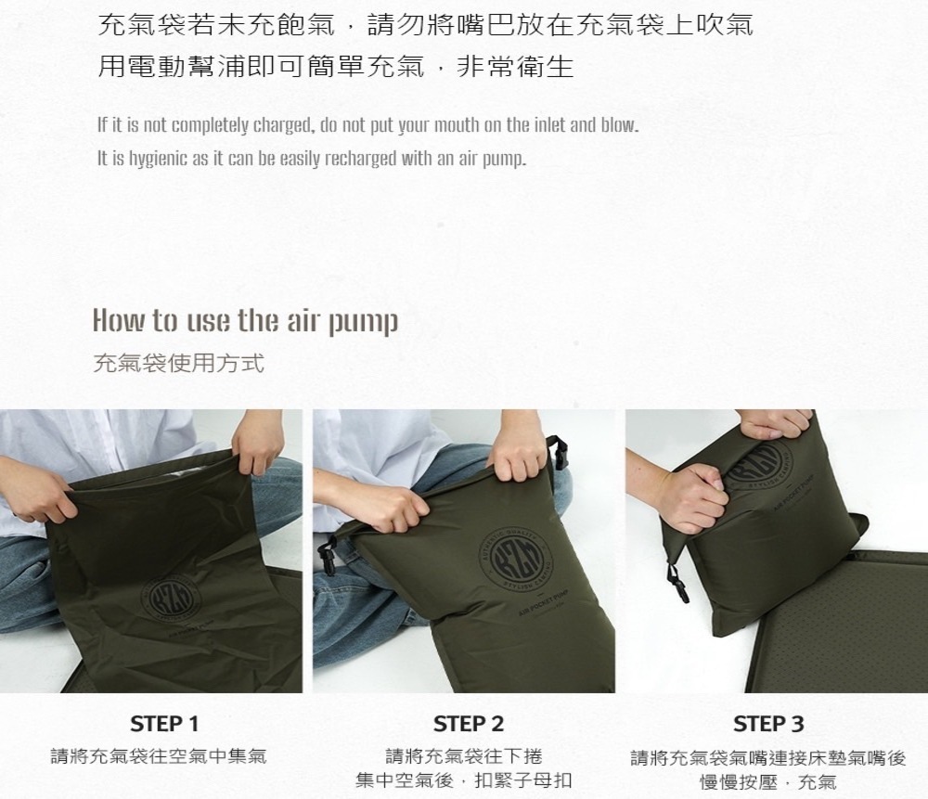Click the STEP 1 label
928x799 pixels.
[x=164, y=724]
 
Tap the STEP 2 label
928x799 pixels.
[x=468, y=724]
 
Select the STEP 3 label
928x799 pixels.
[x=768, y=724]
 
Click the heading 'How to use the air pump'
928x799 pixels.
[x=246, y=321]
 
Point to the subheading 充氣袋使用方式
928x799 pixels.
[x=179, y=363]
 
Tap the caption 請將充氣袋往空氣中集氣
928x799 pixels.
[x=159, y=756]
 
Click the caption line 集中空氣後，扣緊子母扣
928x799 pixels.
[x=464, y=780]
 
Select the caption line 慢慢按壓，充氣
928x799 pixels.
[x=768, y=782]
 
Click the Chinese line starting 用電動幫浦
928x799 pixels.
[x=336, y=66]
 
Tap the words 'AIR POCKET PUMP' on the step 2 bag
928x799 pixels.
[x=544, y=604]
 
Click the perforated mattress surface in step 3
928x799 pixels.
[x=841, y=615]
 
